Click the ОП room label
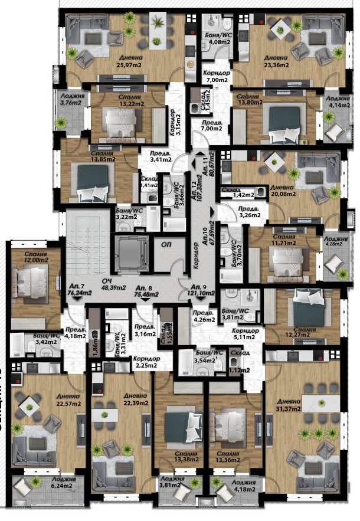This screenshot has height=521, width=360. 162,243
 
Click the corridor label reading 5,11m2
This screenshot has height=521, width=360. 244,338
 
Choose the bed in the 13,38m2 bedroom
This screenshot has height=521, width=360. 181,422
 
